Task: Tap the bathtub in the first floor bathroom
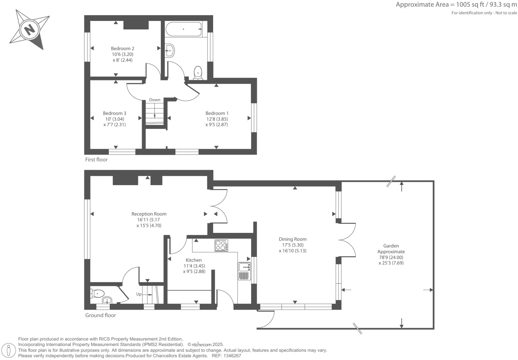(x=183, y=29)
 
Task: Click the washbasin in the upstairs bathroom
(x=169, y=51)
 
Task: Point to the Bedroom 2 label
(x=122, y=48)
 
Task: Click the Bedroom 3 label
(x=114, y=113)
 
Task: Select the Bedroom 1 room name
(x=217, y=113)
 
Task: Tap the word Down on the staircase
(x=154, y=100)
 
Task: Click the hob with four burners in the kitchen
(x=221, y=246)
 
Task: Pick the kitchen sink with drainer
(x=244, y=271)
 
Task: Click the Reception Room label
(x=149, y=214)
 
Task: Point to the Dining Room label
(x=293, y=239)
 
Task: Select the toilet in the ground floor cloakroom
(x=97, y=294)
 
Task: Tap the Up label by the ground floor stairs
(x=139, y=294)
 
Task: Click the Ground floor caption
(x=100, y=315)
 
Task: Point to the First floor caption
(x=96, y=159)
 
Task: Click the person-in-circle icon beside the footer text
(x=9, y=350)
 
